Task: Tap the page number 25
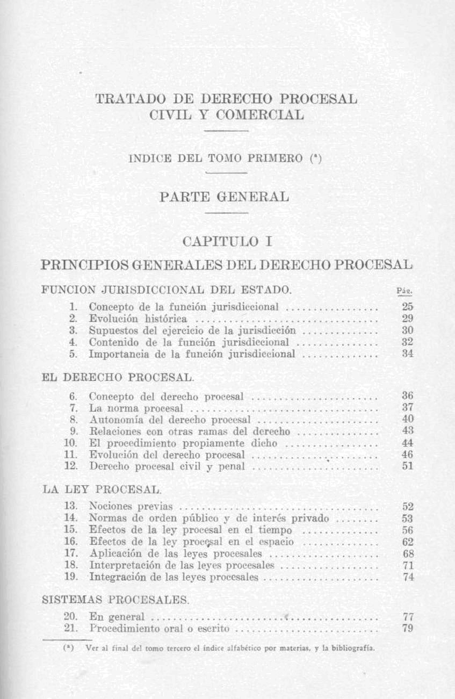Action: [x=408, y=307]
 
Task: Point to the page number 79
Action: [x=407, y=629]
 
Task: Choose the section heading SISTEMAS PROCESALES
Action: [x=115, y=599]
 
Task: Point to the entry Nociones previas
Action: [x=131, y=506]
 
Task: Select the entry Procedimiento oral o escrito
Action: [x=160, y=629]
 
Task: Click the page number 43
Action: [x=408, y=431]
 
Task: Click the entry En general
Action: [x=117, y=617]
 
